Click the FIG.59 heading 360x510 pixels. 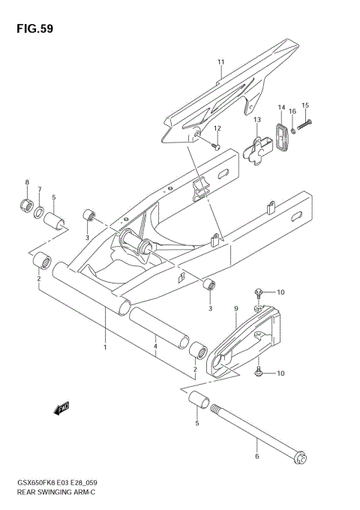[x=32, y=29]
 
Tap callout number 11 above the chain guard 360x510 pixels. [x=221, y=61]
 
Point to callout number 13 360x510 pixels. [x=256, y=120]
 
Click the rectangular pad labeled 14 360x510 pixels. [x=283, y=136]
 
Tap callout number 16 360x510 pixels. [x=293, y=112]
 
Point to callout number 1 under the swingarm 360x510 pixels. [x=106, y=348]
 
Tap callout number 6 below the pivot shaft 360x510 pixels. [x=257, y=455]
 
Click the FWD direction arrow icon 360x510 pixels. [x=61, y=408]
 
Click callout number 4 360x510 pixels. [x=155, y=348]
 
